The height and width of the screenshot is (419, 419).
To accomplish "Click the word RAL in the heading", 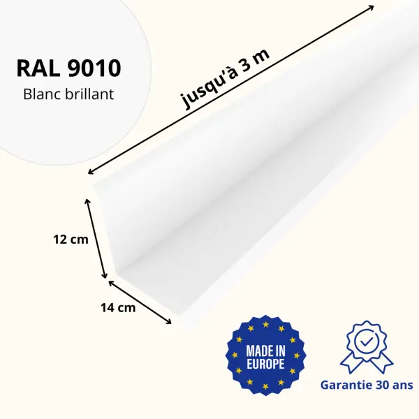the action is (38, 68).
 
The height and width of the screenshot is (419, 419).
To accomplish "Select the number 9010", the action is (94, 68).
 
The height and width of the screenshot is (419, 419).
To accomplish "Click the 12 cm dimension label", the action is (71, 240).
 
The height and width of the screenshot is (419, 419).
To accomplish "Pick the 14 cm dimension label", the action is (118, 307).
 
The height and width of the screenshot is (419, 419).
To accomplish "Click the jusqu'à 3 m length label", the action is (226, 79).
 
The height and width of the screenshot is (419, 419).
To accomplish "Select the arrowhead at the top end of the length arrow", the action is (371, 7).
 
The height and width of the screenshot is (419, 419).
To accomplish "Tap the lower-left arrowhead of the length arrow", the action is (91, 172).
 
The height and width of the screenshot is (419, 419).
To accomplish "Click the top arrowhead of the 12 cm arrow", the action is (87, 201).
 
